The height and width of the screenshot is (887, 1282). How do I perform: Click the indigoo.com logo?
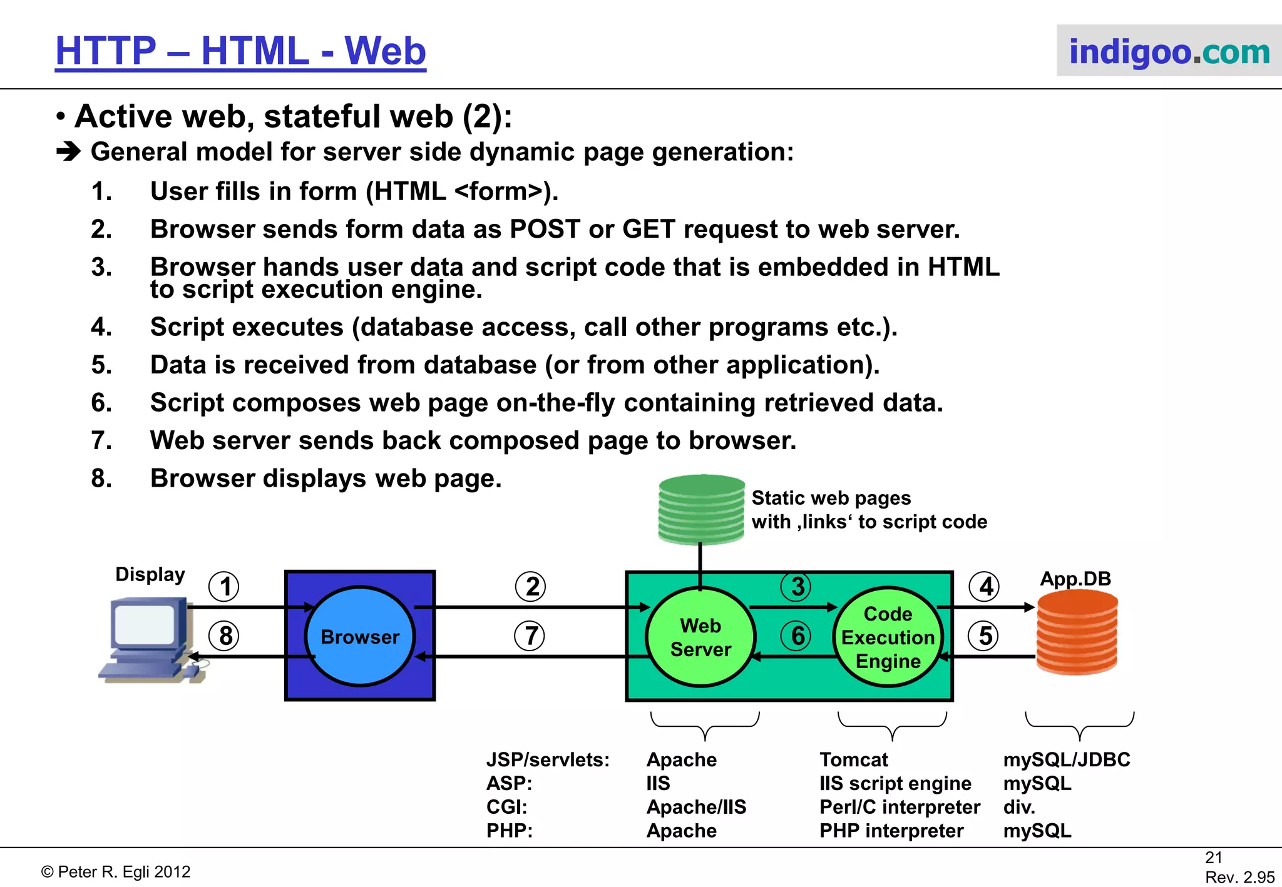[x=1169, y=51]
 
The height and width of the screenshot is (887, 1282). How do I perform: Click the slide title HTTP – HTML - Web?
[x=240, y=51]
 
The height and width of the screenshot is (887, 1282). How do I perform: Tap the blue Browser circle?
[x=360, y=636]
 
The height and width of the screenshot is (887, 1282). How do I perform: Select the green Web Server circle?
[x=700, y=637]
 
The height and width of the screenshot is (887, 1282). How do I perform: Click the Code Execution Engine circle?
[x=888, y=637]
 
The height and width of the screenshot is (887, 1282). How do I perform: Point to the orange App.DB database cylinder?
[x=1077, y=633]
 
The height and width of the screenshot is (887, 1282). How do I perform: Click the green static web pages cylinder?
[x=701, y=509]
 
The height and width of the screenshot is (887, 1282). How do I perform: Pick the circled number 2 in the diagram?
[x=531, y=587]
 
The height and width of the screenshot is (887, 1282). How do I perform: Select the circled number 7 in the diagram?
[x=530, y=636]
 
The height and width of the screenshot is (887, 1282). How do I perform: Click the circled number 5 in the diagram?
[x=984, y=636]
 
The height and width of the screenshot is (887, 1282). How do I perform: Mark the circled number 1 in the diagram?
[x=224, y=587]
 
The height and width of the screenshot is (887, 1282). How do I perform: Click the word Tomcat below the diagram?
[x=853, y=759]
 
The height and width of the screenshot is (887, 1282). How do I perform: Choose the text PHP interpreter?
[x=891, y=831]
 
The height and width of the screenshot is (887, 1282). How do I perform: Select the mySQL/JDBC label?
[x=1067, y=759]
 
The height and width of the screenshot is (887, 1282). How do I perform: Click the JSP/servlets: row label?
[x=548, y=759]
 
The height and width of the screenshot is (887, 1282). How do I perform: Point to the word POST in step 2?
[x=545, y=230]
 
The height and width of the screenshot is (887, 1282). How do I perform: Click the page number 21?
[x=1214, y=857]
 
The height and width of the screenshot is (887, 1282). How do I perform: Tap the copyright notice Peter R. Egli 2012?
[x=116, y=872]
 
